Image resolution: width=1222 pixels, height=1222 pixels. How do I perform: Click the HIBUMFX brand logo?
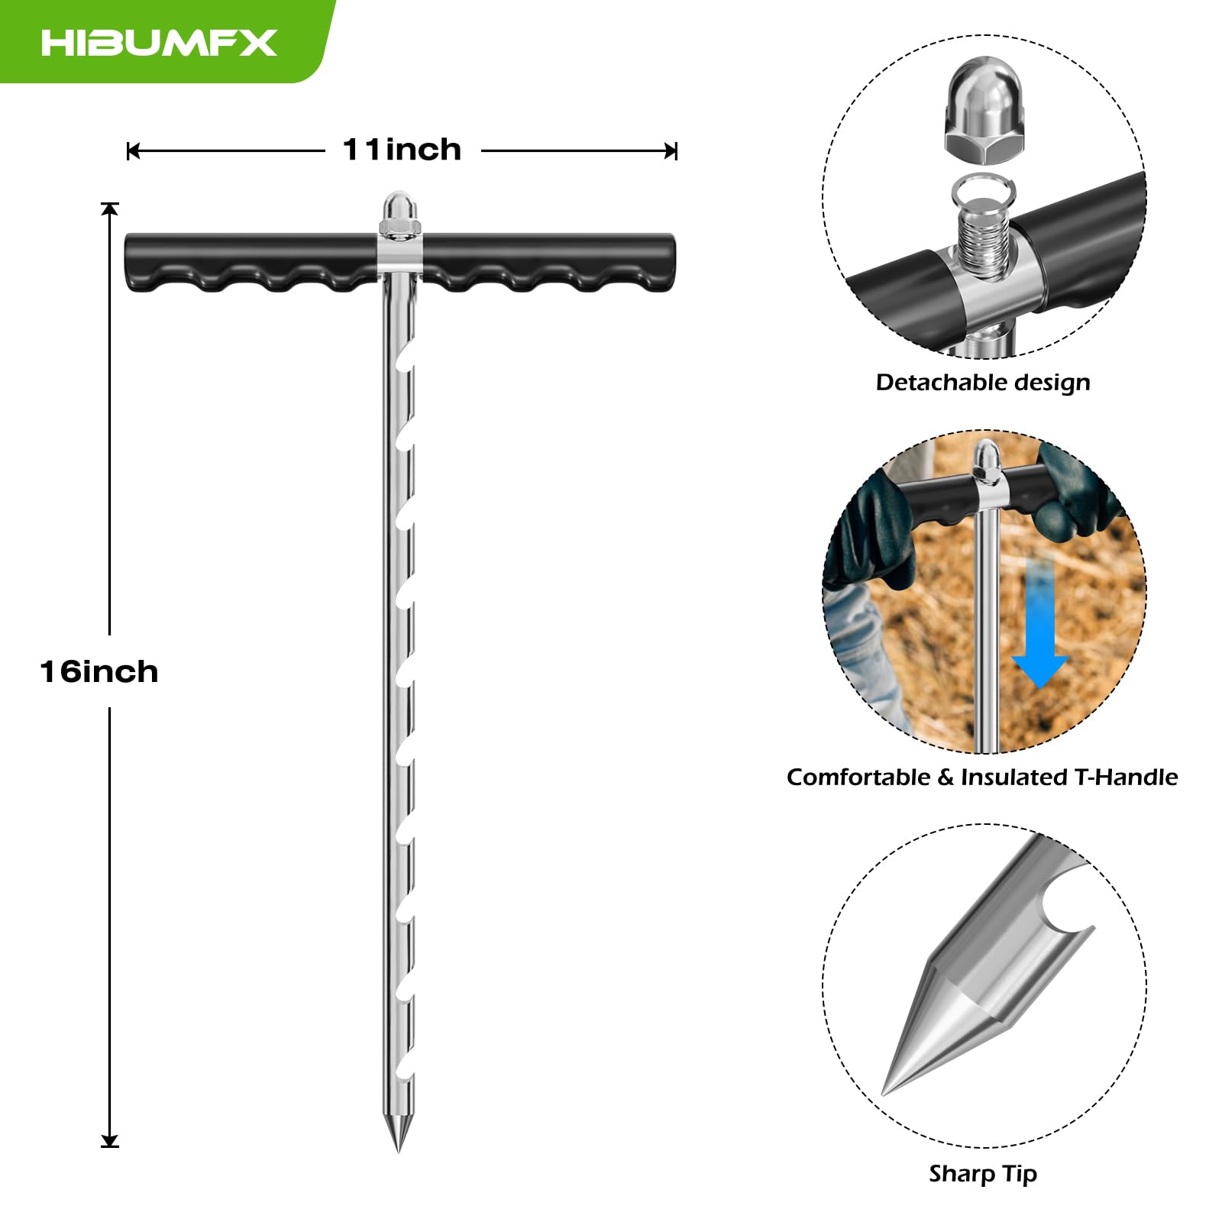[159, 42]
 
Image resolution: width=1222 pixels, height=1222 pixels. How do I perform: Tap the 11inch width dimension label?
[402, 150]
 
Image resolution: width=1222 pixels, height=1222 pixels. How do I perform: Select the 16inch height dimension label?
[99, 671]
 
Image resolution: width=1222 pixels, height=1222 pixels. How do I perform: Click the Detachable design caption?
[983, 382]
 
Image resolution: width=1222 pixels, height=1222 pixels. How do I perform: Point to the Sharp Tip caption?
[983, 1173]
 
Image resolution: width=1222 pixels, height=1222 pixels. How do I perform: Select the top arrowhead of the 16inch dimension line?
[110, 208]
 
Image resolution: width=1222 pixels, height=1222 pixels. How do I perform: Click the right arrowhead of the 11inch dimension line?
[671, 151]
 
